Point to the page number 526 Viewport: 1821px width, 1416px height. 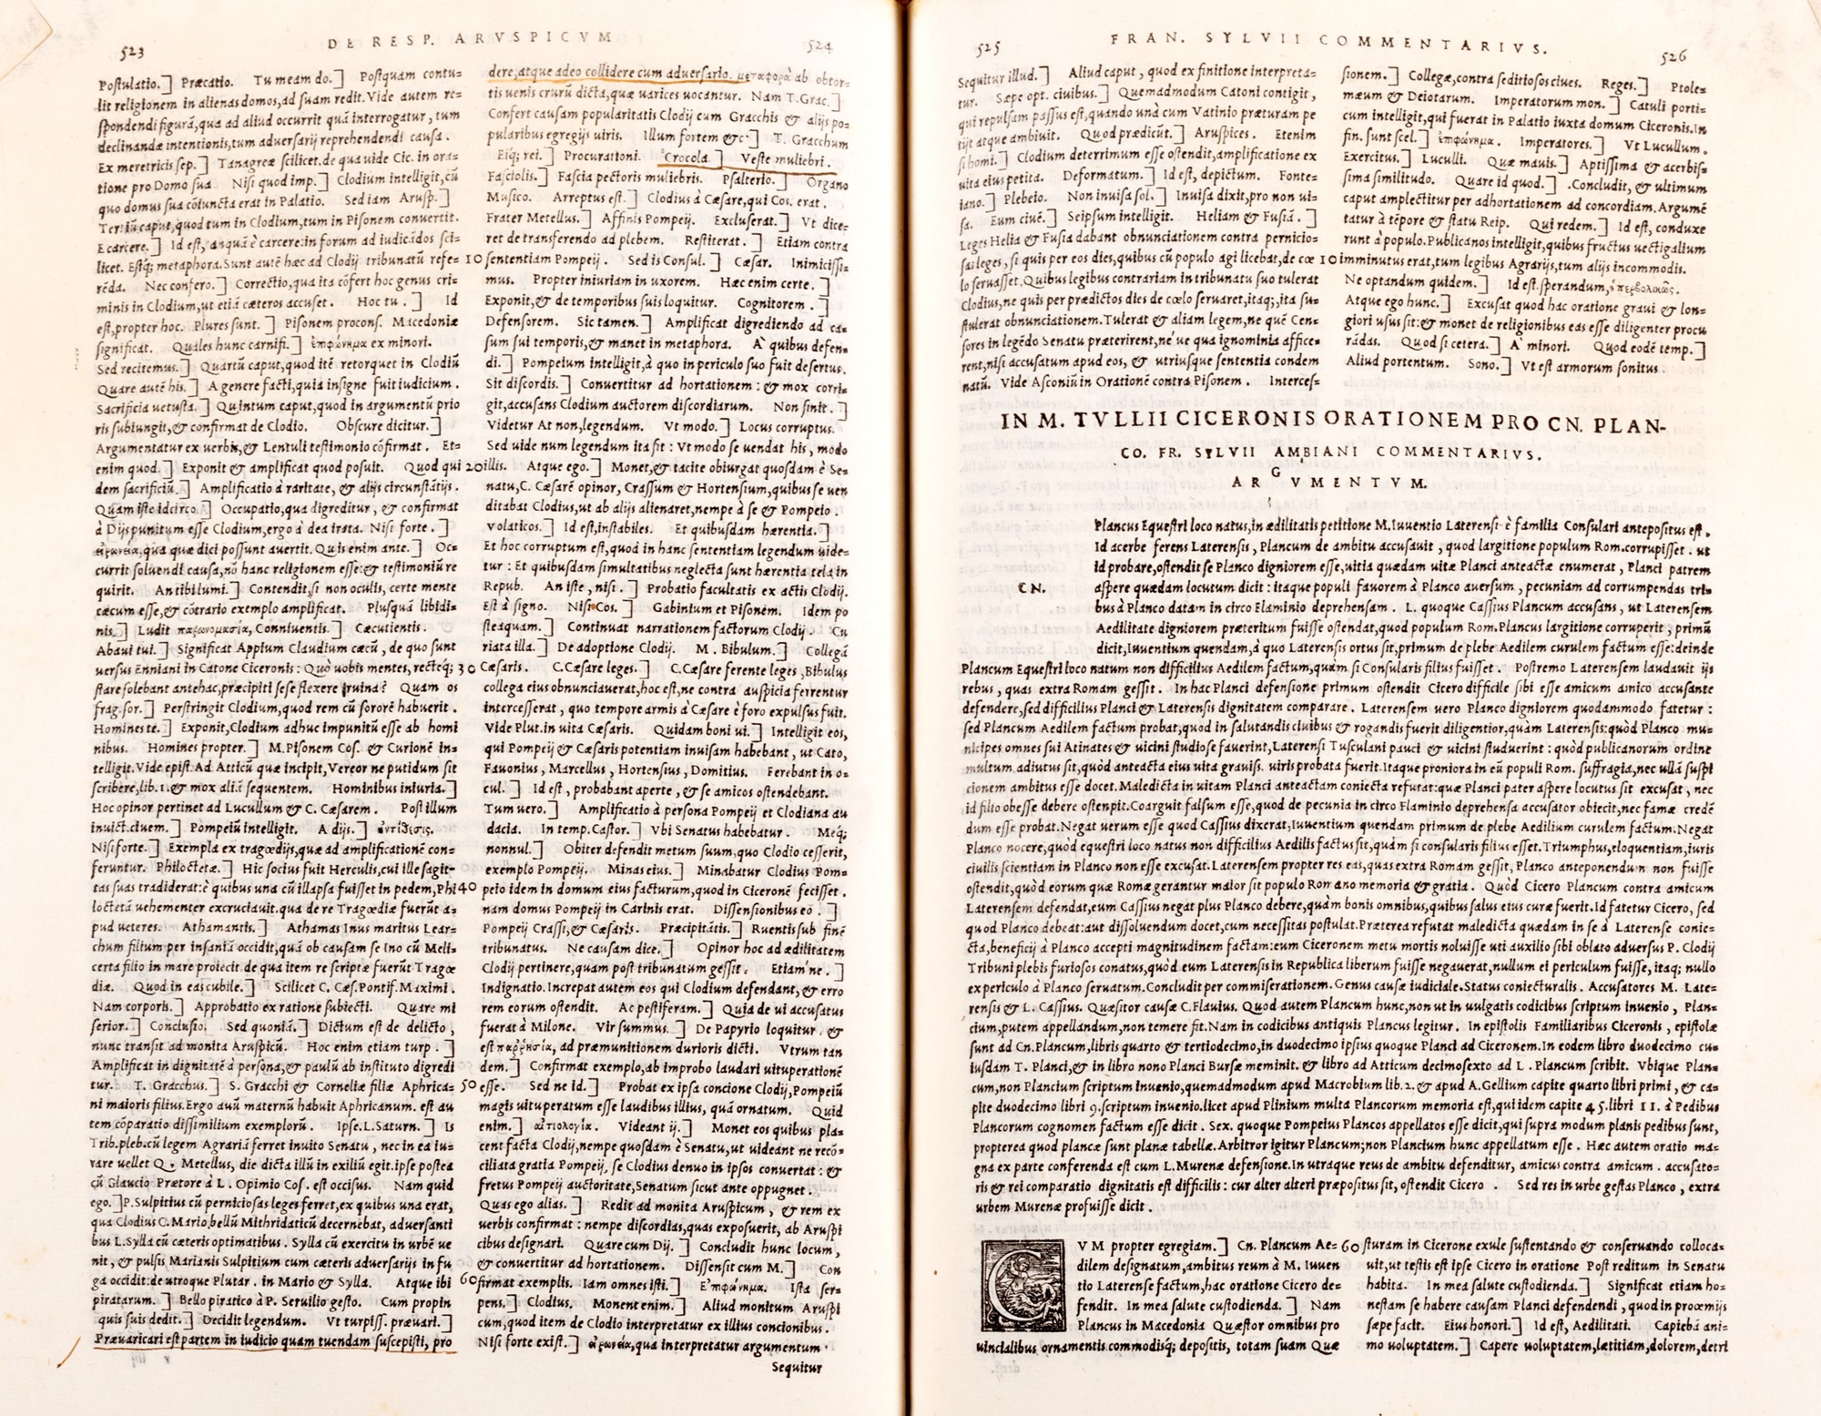tap(1673, 56)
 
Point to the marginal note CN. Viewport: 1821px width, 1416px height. tap(1031, 588)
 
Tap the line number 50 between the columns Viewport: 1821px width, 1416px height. tap(468, 1085)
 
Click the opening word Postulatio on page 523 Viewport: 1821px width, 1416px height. tap(128, 83)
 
